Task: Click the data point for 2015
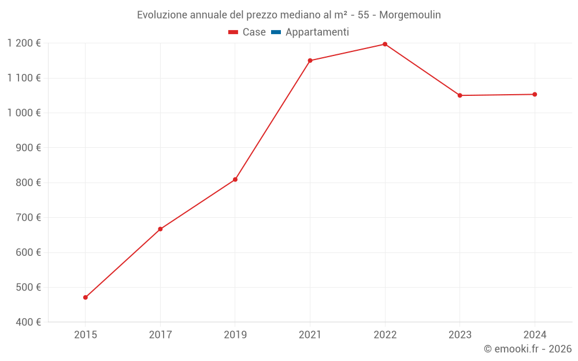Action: tap(86, 297)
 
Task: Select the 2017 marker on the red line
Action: tap(160, 229)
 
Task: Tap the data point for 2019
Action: tap(235, 180)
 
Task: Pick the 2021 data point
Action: tap(310, 61)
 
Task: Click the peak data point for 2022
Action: tap(385, 44)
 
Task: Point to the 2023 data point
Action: tap(460, 95)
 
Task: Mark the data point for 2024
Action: tap(535, 94)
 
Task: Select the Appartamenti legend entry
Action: tap(317, 32)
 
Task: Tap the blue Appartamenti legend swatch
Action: tap(276, 32)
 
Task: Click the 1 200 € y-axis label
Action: tap(24, 43)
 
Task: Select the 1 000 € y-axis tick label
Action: tap(24, 113)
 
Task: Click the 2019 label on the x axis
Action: tap(235, 335)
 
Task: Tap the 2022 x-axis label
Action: tap(385, 335)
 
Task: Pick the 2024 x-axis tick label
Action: tap(535, 335)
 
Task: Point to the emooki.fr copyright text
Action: tap(528, 349)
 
